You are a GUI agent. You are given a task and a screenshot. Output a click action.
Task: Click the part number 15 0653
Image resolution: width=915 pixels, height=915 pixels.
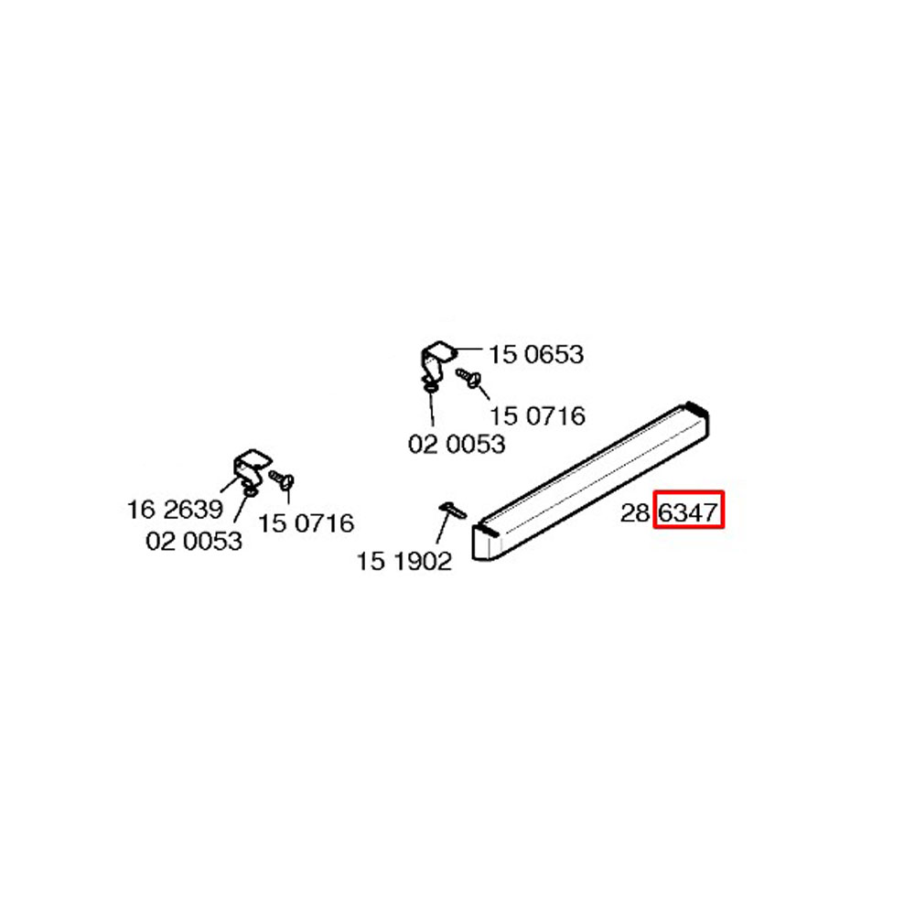[535, 355]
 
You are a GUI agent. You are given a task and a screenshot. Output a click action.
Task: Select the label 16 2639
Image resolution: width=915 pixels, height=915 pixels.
[175, 510]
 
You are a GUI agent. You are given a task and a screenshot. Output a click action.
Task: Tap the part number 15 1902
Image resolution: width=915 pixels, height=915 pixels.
[404, 562]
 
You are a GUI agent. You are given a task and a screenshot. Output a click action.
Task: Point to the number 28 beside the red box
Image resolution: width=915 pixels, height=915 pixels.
[635, 513]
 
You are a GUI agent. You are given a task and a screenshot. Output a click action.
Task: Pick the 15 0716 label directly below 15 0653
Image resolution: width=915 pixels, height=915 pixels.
[537, 416]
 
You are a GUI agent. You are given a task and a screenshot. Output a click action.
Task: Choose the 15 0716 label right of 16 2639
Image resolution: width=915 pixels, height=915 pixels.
[306, 522]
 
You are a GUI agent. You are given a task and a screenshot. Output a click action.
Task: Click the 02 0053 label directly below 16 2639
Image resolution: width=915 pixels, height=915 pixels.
[194, 541]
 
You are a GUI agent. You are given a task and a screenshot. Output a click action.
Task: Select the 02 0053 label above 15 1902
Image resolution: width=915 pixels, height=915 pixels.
[457, 444]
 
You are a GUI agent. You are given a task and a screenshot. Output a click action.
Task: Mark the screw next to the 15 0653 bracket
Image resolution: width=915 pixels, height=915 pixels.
[468, 377]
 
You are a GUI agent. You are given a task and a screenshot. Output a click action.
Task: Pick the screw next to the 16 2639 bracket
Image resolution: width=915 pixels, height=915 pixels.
[281, 479]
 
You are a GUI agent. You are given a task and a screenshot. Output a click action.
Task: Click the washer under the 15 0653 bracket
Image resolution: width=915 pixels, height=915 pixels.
[431, 387]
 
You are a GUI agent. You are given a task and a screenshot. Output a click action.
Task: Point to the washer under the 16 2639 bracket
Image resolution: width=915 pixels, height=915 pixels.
[249, 492]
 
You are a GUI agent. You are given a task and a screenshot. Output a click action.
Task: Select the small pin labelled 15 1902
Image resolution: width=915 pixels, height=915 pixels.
[453, 510]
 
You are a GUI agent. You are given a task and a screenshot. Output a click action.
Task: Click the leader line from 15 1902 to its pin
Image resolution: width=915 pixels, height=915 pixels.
[444, 528]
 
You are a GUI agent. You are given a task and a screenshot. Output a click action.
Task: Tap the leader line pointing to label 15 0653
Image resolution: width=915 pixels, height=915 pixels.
[469, 349]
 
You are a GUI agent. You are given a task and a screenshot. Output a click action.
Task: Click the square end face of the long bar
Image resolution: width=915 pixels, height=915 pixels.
[487, 543]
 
